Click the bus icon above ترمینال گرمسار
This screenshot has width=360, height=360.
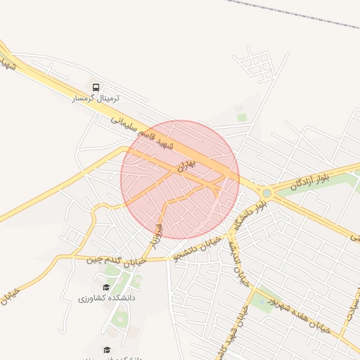[96, 86]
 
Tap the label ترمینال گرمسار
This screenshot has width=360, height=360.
[96, 98]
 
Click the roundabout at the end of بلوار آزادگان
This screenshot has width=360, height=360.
[266, 192]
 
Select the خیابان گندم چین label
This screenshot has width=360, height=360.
[117, 261]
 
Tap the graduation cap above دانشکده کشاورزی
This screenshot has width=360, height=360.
[106, 287]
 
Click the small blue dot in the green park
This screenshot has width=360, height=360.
[266, 300]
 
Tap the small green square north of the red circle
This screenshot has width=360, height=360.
[242, 117]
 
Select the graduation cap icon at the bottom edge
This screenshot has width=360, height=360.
[107, 349]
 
